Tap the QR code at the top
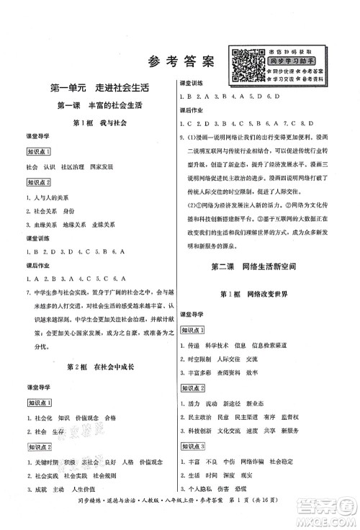(246, 66)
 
